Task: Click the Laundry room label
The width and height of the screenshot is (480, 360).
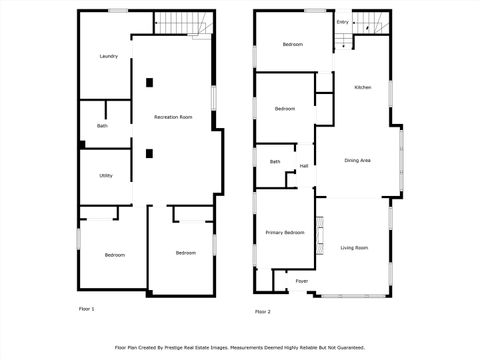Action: (x=109, y=56)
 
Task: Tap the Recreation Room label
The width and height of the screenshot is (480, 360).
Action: (x=173, y=118)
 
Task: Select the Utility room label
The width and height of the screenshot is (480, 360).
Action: (x=106, y=176)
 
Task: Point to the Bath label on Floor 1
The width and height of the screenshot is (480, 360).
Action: (x=102, y=126)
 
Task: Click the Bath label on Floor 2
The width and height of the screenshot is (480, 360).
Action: (x=275, y=161)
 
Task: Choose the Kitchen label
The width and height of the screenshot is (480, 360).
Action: (x=363, y=88)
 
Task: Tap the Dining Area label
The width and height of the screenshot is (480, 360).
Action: (x=358, y=161)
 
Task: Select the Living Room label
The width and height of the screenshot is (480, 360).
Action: (x=354, y=247)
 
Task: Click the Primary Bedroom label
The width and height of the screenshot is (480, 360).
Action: (x=285, y=232)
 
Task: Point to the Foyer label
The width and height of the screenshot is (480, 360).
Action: (x=301, y=281)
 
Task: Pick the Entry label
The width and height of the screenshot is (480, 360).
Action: (x=343, y=21)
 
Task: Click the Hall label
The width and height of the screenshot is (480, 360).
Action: (x=303, y=166)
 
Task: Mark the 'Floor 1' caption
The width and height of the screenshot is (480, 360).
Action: (x=87, y=309)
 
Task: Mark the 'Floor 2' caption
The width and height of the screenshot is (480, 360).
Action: (x=262, y=311)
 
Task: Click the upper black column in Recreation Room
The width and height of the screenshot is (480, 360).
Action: (x=149, y=82)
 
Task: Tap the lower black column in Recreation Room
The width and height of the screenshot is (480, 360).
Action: (x=149, y=153)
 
